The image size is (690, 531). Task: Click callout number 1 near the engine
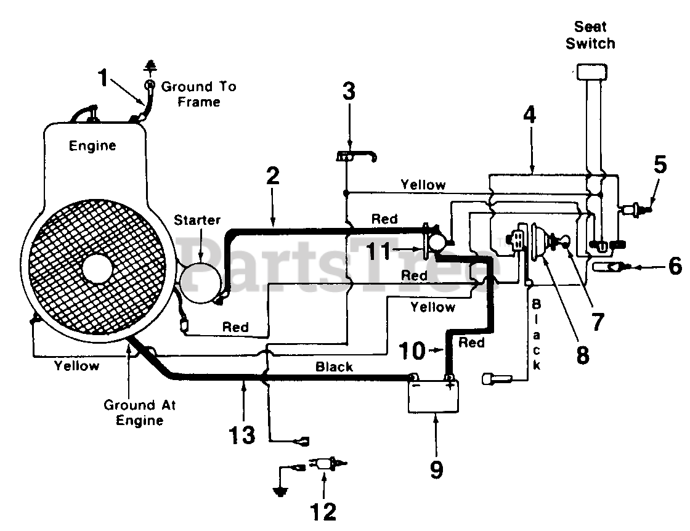pyautogui.click(x=103, y=78)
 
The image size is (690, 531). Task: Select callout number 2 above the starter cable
pyautogui.click(x=273, y=176)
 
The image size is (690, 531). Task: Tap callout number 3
pyautogui.click(x=349, y=92)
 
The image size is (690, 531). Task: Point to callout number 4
pyautogui.click(x=530, y=115)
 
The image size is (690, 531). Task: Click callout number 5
pyautogui.click(x=660, y=164)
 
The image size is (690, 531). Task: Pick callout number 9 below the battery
pyautogui.click(x=436, y=469)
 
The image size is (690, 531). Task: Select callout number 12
pyautogui.click(x=323, y=512)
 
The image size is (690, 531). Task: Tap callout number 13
pyautogui.click(x=242, y=435)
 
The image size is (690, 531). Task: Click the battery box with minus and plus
pyautogui.click(x=434, y=396)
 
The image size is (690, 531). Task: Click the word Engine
pyautogui.click(x=92, y=145)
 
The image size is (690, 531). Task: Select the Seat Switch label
pyautogui.click(x=591, y=35)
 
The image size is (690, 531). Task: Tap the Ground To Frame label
pyautogui.click(x=199, y=94)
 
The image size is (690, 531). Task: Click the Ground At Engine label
pyautogui.click(x=139, y=412)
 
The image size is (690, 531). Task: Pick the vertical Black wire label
pyautogui.click(x=537, y=334)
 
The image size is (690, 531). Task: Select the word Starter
pyautogui.click(x=197, y=220)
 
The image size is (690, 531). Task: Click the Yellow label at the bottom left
pyautogui.click(x=76, y=365)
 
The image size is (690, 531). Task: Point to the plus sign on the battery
pyautogui.click(x=450, y=386)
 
